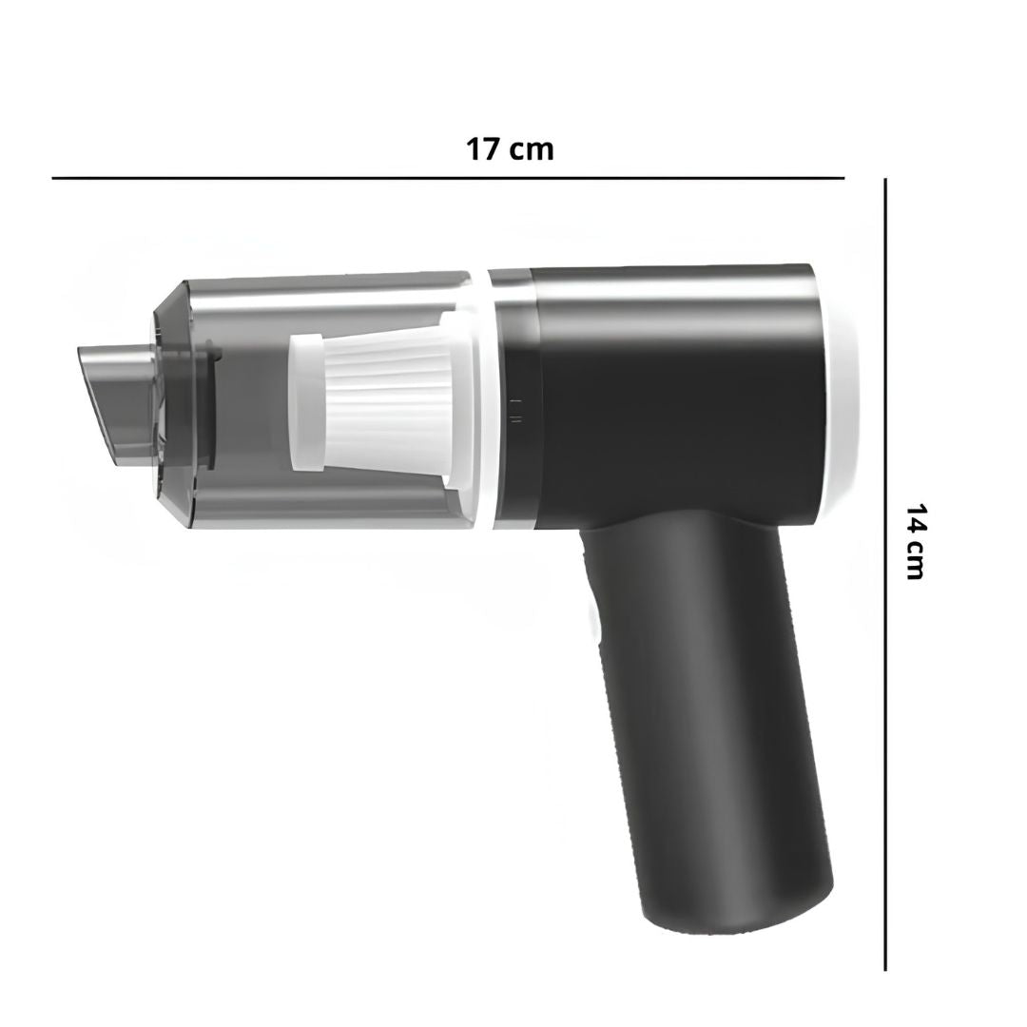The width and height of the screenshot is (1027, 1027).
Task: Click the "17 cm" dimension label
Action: pyautogui.click(x=510, y=149)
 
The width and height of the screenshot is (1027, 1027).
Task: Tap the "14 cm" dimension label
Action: pyautogui.click(x=915, y=541)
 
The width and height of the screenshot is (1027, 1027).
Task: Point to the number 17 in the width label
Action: pyautogui.click(x=482, y=149)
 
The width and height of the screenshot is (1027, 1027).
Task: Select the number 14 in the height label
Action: pyautogui.click(x=915, y=520)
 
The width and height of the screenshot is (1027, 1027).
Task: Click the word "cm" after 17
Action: pyautogui.click(x=532, y=151)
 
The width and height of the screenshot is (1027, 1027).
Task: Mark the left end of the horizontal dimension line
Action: pyautogui.click(x=52, y=178)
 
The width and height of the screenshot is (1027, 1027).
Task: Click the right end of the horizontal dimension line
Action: pyautogui.click(x=844, y=178)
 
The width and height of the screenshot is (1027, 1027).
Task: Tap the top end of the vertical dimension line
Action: pyautogui.click(x=885, y=180)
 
